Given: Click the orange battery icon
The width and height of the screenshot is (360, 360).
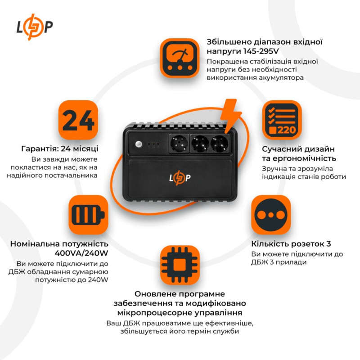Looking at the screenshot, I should (x=89, y=214).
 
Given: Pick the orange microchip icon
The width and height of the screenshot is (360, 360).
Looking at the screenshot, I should (x=180, y=264).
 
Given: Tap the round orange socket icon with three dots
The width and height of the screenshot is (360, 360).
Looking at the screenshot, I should (x=271, y=214).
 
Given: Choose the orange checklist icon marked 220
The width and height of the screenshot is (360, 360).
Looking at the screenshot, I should (x=282, y=120).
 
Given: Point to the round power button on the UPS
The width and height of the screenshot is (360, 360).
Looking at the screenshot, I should (x=138, y=144).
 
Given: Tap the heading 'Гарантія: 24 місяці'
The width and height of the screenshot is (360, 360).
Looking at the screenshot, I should (x=59, y=149).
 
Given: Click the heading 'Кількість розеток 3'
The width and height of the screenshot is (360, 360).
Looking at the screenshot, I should (x=291, y=244).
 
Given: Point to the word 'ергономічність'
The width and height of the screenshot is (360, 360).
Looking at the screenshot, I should (x=305, y=158).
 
